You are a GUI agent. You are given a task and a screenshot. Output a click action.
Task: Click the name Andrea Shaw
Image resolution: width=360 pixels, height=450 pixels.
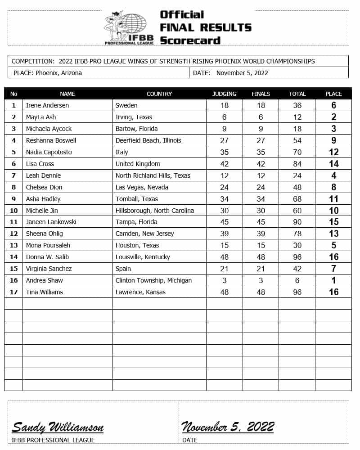tap(44, 280)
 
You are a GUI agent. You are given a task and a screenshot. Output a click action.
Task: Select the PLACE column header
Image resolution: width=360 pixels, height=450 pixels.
tap(333, 94)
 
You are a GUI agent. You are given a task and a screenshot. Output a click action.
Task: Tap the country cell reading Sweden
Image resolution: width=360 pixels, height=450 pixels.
tap(126, 105)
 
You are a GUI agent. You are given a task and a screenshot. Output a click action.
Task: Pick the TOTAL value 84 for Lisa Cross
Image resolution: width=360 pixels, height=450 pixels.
tap(297, 164)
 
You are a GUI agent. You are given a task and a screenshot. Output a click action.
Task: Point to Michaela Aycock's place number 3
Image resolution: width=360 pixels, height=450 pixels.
tap(333, 129)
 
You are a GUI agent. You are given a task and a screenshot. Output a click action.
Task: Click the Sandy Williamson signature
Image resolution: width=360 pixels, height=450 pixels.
tap(58, 427)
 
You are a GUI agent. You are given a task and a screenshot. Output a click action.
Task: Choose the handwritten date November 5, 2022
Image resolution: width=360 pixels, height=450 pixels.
tap(228, 427)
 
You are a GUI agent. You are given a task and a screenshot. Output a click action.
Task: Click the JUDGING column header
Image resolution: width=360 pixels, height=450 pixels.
tap(224, 94)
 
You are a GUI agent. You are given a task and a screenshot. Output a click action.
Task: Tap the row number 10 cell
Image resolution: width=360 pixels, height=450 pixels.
tap(13, 211)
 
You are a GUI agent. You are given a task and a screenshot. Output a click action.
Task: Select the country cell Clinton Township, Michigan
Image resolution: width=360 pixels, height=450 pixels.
tap(153, 280)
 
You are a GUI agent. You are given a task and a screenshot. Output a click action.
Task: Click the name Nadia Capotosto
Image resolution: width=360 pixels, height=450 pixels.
tap(49, 152)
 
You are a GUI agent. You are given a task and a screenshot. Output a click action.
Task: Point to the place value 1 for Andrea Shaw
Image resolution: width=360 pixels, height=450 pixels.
tap(333, 280)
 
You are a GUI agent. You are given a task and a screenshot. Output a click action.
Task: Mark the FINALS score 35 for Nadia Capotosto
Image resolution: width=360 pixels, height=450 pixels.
tap(261, 152)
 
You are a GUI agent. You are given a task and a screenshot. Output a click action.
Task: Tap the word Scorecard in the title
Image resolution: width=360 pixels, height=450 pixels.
tap(190, 40)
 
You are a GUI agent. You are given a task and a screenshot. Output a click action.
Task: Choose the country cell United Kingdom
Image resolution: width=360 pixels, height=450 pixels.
tap(138, 164)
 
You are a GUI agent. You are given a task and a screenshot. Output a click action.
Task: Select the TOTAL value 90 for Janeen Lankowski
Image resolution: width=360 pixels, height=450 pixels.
tap(297, 222)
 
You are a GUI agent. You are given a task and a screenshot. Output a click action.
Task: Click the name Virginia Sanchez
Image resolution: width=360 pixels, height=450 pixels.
tap(49, 269)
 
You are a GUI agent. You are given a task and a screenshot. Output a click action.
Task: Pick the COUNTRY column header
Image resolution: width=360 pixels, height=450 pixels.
tap(159, 94)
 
